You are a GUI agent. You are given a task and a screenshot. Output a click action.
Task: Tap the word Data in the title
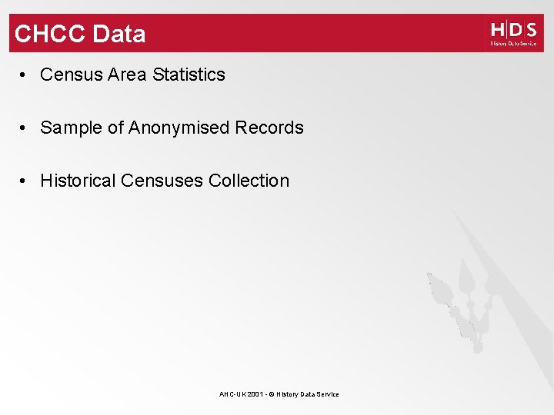[118, 34]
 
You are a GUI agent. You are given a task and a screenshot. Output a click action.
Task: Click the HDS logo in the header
[513, 33]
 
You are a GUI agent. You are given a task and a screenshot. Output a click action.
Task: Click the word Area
[127, 75]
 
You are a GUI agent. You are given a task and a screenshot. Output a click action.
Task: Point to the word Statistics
[189, 75]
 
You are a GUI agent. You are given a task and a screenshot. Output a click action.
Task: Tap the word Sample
[72, 128]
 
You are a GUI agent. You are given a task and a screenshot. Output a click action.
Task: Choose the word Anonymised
[179, 128]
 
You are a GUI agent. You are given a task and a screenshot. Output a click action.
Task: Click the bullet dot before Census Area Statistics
[25, 75]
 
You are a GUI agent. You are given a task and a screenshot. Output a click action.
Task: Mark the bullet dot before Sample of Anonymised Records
[25, 128]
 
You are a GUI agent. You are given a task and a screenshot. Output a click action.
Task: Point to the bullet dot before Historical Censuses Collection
[25, 181]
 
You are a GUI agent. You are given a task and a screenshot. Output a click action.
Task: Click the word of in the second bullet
[115, 128]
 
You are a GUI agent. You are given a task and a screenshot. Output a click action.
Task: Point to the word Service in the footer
[328, 394]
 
